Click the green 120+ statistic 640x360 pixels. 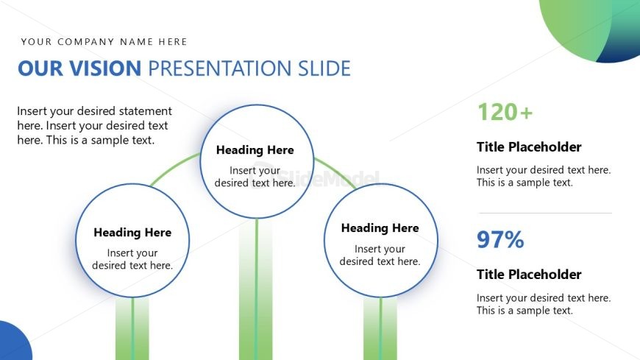[x=505, y=112]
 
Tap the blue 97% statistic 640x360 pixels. [x=500, y=239]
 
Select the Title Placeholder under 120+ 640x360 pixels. [x=529, y=147]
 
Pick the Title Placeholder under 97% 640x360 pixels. [x=529, y=274]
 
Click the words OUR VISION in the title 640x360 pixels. [x=79, y=68]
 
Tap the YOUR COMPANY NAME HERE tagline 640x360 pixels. [x=104, y=42]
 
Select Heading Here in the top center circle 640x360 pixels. [x=255, y=150]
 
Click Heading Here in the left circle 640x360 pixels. [x=132, y=233]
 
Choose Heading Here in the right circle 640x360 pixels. [x=380, y=228]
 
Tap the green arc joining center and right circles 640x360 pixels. [x=336, y=172]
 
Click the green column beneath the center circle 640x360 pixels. [x=255, y=289]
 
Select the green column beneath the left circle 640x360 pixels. [x=132, y=328]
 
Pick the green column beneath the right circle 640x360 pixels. [x=380, y=328]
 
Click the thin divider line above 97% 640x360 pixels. [x=545, y=213]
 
